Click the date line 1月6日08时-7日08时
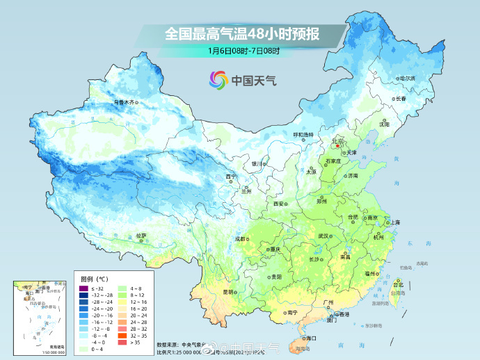pyautogui.click(x=243, y=51)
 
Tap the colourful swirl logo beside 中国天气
pyautogui.click(x=218, y=80)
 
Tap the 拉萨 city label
pyautogui.click(x=141, y=236)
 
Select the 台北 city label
pyautogui.click(x=398, y=285)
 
